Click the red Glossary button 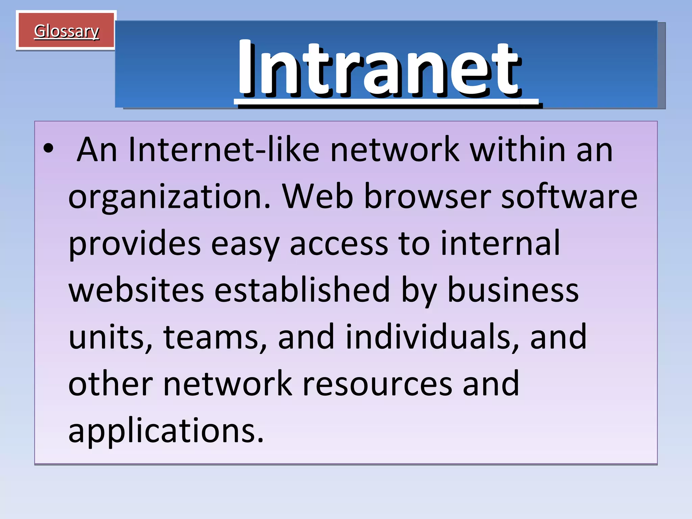[x=66, y=31]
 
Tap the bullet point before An [x=49, y=149]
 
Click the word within [x=518, y=150]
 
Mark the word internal [x=500, y=243]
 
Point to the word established [x=302, y=290]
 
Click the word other [x=110, y=384]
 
